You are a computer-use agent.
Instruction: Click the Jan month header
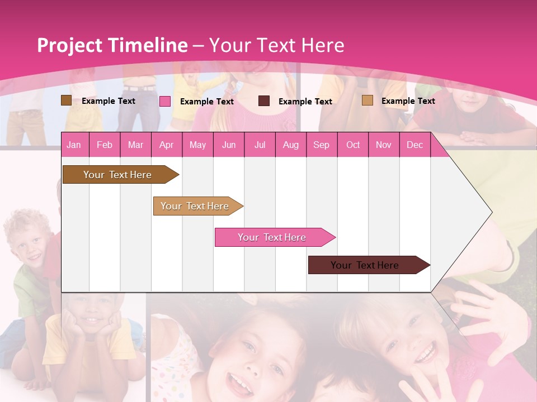pos(74,145)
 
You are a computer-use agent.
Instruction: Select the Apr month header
pos(167,145)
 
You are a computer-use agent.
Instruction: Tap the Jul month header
pos(260,145)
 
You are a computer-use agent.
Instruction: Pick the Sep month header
pos(322,145)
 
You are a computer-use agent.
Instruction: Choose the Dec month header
pos(414,145)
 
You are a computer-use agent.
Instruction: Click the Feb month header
pos(105,145)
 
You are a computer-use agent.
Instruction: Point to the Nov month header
pos(384,145)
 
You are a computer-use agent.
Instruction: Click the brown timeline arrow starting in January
pos(118,175)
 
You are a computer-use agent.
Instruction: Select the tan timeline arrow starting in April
pos(195,206)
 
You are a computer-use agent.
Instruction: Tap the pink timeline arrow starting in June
pos(272,237)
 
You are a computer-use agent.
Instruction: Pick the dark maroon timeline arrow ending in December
pos(365,265)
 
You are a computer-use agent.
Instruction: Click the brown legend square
pos(66,100)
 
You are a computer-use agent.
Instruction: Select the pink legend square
pos(165,101)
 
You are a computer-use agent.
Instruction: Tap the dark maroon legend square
pos(264,101)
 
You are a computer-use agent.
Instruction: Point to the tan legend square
pos(368,100)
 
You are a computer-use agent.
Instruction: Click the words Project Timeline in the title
pos(112,45)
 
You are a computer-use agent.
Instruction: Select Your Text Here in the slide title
pos(276,45)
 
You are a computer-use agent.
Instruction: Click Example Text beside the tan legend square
pos(408,101)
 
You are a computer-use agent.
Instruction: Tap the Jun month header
pos(229,145)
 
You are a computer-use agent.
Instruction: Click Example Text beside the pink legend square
pos(206,102)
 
